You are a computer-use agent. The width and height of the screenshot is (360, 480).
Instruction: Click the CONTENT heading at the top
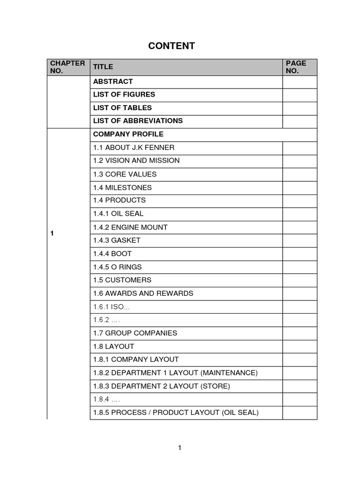point(172,45)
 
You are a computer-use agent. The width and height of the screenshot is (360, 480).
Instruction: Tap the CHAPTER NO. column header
point(61,67)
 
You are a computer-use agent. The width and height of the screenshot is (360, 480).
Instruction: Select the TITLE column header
point(103,67)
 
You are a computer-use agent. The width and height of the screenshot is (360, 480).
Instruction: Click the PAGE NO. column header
point(296,67)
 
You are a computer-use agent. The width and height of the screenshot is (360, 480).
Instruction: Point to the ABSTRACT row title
point(113,82)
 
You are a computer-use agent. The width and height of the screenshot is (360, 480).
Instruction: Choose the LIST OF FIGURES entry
point(124,95)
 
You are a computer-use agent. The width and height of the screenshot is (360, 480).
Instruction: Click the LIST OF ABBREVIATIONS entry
point(138,121)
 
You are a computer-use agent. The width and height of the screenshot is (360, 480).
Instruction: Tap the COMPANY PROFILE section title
point(128,134)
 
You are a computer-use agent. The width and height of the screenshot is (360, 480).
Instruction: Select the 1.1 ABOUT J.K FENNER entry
point(134,148)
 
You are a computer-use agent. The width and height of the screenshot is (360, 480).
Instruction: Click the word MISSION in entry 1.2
point(164,161)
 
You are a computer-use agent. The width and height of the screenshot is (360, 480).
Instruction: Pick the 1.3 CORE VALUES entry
point(125,174)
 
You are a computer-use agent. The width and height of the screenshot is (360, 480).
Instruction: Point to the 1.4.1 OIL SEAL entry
point(118,214)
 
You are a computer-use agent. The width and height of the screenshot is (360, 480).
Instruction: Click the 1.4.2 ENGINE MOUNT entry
point(130,227)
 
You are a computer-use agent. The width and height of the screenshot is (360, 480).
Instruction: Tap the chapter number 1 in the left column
point(52,233)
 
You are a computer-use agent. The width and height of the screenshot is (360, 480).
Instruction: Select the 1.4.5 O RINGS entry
point(117,267)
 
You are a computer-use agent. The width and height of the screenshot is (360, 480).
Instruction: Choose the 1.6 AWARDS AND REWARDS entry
point(143,293)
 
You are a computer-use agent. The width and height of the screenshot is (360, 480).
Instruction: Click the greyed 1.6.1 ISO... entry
point(111,307)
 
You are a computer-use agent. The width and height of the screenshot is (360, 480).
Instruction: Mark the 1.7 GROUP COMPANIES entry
point(135,333)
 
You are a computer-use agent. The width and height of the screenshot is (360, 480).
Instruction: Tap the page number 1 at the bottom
point(180,448)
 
